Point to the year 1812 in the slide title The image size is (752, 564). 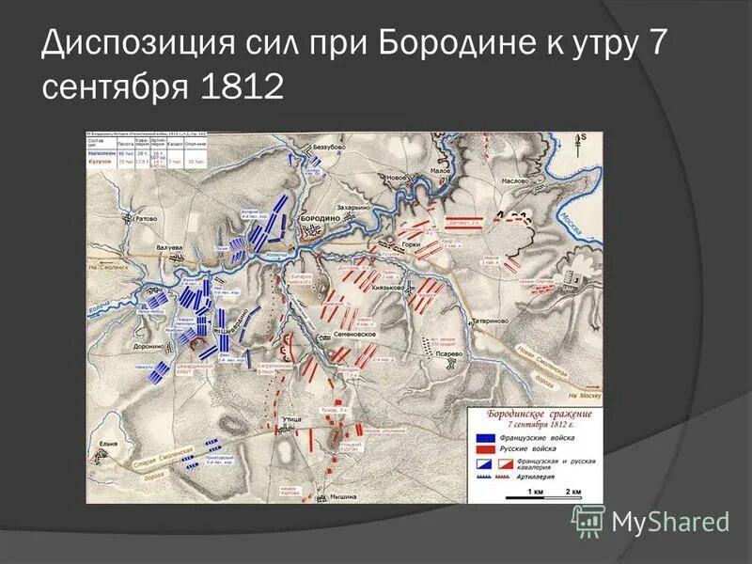pos(242,87)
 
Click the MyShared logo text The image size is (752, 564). pos(669,520)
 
